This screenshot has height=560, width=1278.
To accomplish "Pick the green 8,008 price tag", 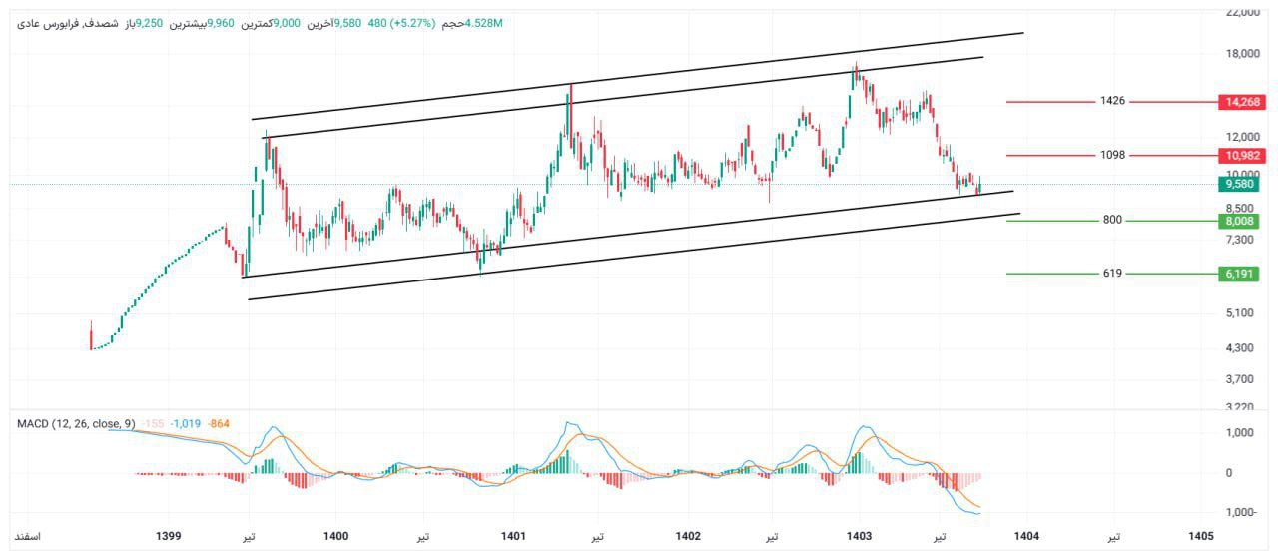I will coord(1240,221).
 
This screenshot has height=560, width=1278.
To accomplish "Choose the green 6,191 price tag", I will coord(1240,273).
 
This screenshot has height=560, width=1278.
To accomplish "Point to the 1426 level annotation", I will coord(1112,101).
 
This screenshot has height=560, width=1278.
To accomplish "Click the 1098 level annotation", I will coord(1112,155).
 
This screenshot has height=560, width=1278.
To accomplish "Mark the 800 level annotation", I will coord(1112,220).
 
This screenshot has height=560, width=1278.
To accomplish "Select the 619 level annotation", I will coord(1112,273).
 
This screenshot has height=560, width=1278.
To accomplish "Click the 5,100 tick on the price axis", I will coord(1239,313).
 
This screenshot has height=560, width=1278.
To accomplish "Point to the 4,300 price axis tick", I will coord(1239,348).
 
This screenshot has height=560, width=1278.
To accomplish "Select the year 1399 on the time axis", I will coord(169,536).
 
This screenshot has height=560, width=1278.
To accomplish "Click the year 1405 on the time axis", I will coord(1201,536).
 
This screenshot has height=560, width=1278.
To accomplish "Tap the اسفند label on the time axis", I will coord(27,536).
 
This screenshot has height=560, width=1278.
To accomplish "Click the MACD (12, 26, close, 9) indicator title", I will coord(76,424).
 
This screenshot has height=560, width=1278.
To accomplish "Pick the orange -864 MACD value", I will coord(219,424).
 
